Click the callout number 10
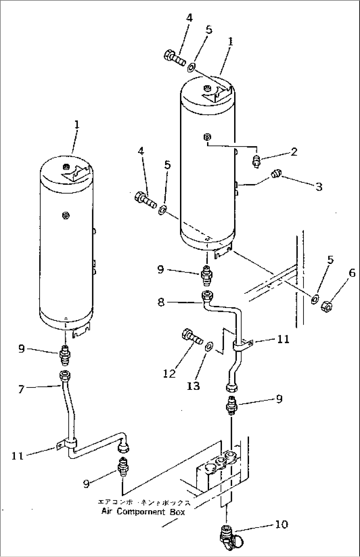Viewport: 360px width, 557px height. click(x=281, y=524)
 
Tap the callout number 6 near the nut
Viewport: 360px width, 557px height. click(x=352, y=273)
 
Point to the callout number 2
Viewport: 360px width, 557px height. click(x=294, y=152)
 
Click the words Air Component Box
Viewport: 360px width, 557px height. click(x=143, y=512)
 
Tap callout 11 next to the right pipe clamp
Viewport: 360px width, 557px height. click(x=283, y=339)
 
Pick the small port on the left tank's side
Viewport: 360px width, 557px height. click(x=65, y=216)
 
